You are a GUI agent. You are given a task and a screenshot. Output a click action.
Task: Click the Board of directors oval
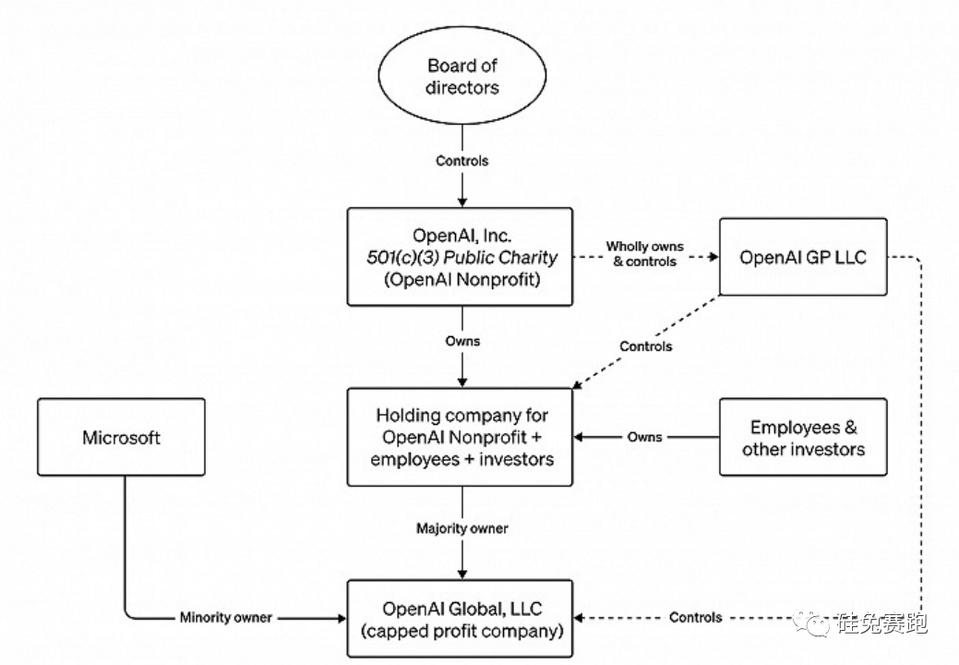[462, 78]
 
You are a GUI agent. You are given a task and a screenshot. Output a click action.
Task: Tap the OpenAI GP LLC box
[803, 257]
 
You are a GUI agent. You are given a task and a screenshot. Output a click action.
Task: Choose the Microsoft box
[122, 437]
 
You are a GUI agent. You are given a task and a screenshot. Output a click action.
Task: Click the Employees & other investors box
[803, 438]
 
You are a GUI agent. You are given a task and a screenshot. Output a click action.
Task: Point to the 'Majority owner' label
[462, 529]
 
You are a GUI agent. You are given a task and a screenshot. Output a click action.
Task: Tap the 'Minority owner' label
[226, 617]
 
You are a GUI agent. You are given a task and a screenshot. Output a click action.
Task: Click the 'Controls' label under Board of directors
[462, 161]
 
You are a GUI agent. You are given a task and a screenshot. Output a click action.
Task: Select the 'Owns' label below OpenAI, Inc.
[462, 341]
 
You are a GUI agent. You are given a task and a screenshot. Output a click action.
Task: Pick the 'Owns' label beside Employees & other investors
[645, 436]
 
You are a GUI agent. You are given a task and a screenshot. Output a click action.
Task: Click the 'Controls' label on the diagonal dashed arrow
[646, 346]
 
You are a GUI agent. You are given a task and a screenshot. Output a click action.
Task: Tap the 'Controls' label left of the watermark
[695, 617]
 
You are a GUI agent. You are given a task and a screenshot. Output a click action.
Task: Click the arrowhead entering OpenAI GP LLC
[713, 258]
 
